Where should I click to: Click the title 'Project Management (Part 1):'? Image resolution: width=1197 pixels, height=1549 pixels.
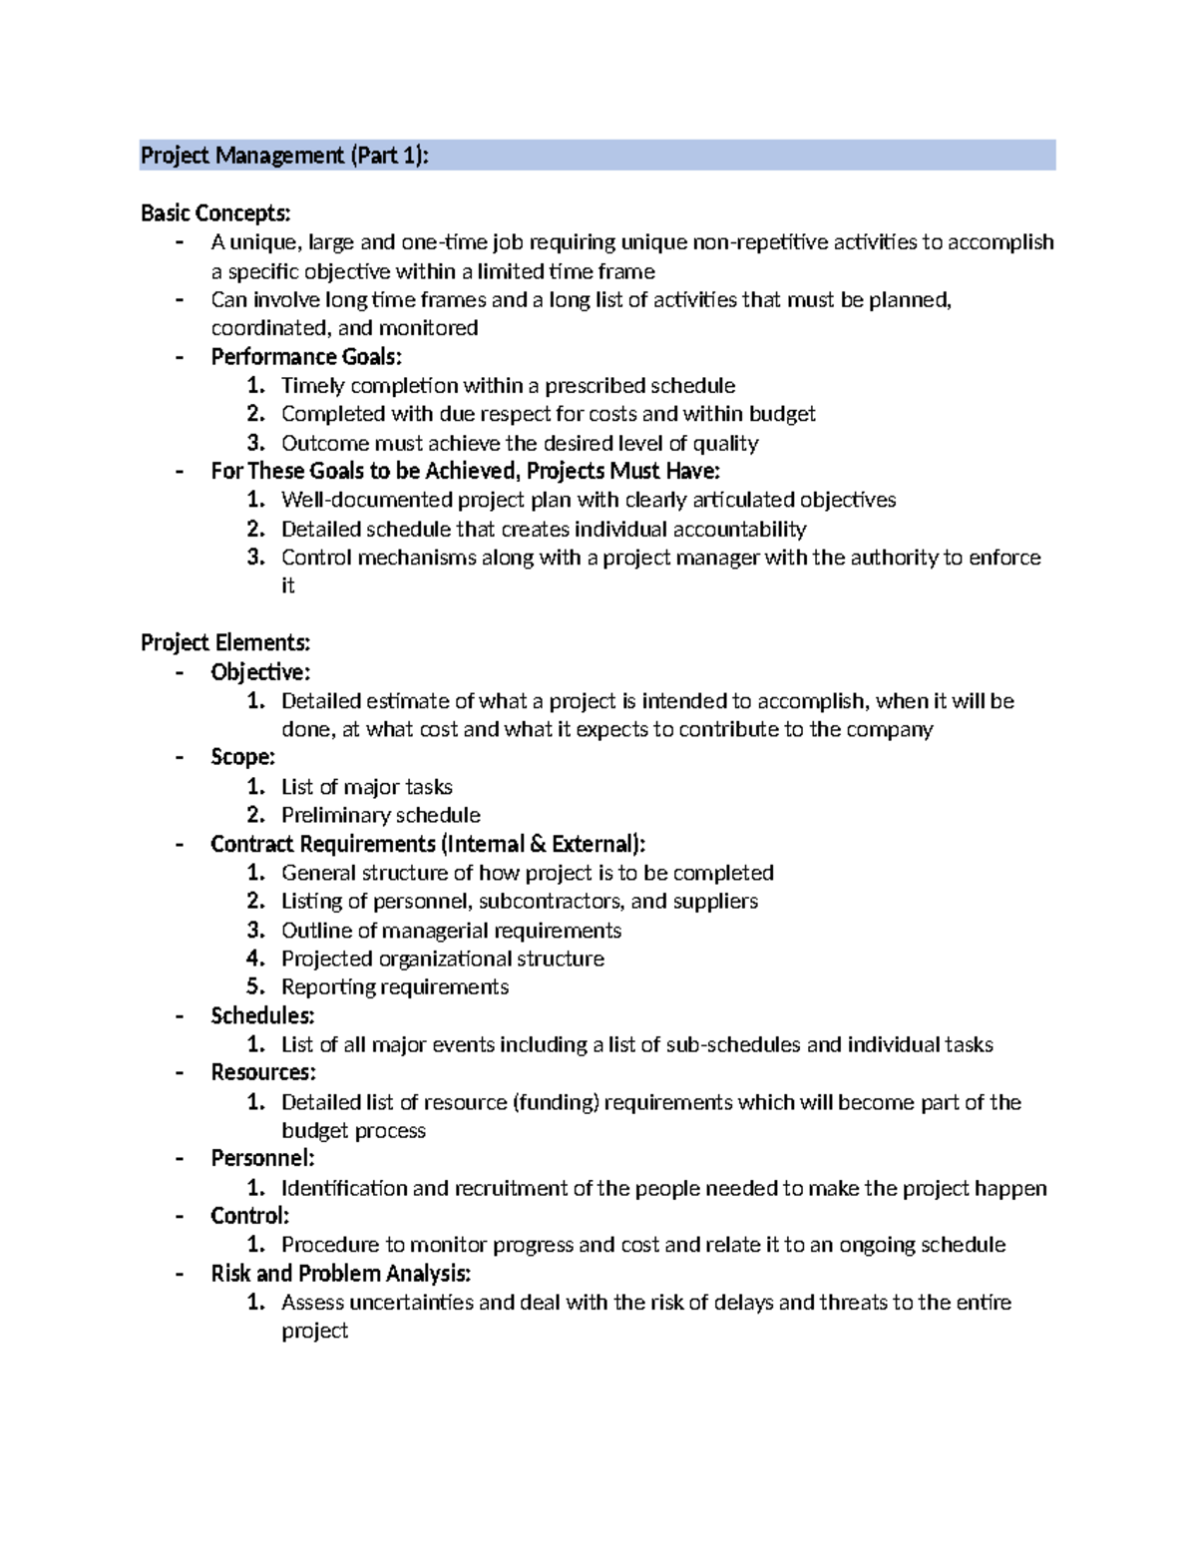284,156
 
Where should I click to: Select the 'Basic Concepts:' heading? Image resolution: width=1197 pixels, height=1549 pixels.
215,213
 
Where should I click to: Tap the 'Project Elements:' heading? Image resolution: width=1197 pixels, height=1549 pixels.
225,642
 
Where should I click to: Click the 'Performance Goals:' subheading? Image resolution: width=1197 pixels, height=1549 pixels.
306,357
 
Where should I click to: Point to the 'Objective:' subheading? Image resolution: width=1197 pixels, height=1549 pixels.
260,672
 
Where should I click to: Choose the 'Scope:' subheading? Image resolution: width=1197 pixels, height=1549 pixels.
242,757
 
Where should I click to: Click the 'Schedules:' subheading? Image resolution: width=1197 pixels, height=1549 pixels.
262,1015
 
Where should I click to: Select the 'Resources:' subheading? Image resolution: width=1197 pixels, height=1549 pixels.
263,1072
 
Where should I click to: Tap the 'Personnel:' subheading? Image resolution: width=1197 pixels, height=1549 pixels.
262,1158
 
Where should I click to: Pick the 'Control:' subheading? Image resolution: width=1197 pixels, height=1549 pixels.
249,1216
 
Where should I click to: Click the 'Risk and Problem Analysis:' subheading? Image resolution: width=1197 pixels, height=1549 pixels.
340,1274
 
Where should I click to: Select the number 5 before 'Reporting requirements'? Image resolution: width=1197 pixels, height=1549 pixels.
254,986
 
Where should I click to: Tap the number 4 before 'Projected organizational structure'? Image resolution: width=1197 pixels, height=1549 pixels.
254,959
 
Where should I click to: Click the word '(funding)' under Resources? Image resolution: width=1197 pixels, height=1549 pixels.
556,1102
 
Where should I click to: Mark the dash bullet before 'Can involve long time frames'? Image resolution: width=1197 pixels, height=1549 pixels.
180,299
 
